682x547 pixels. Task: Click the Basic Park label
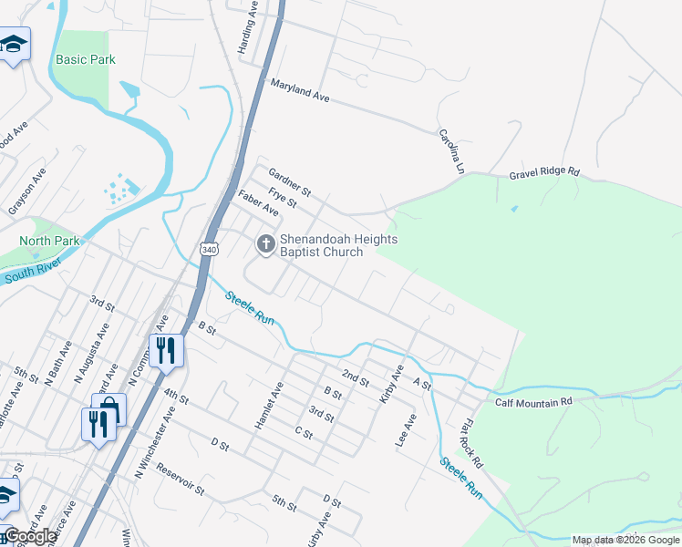(x=86, y=59)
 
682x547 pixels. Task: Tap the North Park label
(x=50, y=241)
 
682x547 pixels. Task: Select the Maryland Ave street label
(x=299, y=89)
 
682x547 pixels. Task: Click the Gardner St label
(x=290, y=181)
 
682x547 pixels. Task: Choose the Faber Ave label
(x=258, y=202)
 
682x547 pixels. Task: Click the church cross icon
(x=265, y=243)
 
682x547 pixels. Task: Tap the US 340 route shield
(x=209, y=249)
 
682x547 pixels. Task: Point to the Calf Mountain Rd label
(x=533, y=401)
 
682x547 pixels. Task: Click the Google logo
(x=30, y=536)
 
